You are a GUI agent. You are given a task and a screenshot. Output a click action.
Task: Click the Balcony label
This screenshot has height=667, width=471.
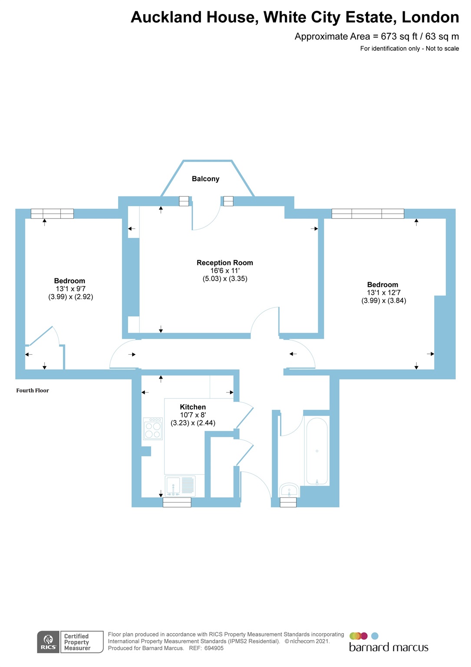point(205,179)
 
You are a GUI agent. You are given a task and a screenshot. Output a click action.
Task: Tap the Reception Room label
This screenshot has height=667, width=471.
point(224,263)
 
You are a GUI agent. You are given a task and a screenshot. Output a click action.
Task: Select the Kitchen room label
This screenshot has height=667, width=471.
point(193,407)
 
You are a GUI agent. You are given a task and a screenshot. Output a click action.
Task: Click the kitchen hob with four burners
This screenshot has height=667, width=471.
point(153,429)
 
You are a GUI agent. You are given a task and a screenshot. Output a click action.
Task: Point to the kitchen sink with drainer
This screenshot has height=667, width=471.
point(180,486)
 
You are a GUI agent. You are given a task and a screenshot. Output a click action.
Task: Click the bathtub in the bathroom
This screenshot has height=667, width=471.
point(317,451)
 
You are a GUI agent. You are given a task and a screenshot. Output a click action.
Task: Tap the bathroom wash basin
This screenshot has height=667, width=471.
point(289,490)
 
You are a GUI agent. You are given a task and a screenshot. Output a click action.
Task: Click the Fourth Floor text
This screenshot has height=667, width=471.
point(33,390)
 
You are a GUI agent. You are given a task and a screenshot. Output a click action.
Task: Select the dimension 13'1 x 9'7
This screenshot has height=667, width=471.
point(70,289)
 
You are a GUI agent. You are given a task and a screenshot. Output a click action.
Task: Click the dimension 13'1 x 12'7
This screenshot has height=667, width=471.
point(384,293)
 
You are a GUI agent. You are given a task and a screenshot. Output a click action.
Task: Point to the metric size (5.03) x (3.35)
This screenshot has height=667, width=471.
point(225,279)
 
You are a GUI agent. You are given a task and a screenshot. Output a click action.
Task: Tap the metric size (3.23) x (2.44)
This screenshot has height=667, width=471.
point(193,423)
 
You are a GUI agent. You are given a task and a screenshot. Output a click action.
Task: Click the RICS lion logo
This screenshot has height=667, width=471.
point(48,642)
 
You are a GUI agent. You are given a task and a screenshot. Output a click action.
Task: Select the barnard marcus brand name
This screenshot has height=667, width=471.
point(389,647)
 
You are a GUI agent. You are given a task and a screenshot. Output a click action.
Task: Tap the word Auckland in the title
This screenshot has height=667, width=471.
point(166,17)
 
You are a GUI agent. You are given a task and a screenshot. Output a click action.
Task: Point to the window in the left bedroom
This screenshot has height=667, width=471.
point(52,214)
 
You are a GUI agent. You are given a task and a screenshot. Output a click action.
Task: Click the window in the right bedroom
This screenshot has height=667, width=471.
point(368,214)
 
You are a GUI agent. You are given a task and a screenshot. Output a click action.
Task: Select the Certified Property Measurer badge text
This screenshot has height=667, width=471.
point(77,642)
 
